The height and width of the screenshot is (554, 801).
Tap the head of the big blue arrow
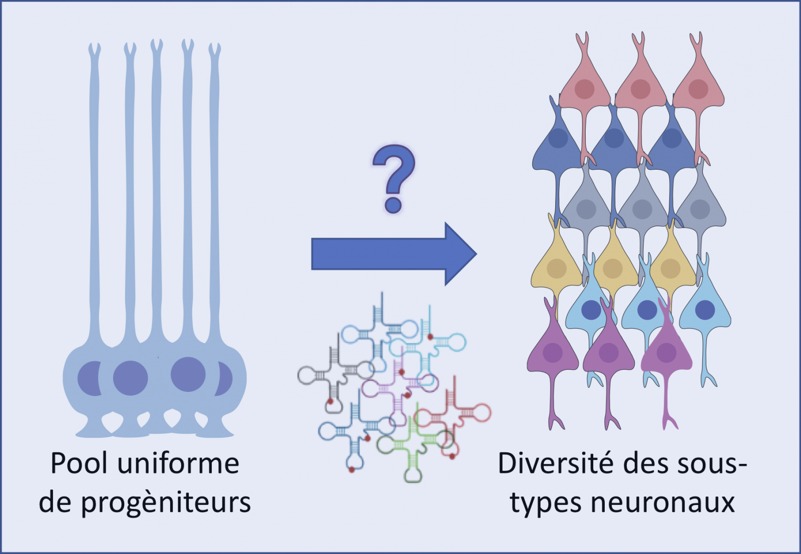(458, 254)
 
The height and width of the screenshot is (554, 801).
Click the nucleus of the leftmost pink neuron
(584, 89)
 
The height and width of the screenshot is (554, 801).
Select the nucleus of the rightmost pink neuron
(698, 89)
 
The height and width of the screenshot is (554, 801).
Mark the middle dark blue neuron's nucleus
(614, 138)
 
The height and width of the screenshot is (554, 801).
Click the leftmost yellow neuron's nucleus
(556, 268)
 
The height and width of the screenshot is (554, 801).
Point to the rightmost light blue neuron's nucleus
(705, 310)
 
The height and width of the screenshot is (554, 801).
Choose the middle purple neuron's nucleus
(609, 353)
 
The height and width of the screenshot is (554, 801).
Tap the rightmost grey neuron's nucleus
(700, 209)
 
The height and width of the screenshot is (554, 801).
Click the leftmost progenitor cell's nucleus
(90, 378)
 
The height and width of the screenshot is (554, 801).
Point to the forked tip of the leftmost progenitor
(94, 50)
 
